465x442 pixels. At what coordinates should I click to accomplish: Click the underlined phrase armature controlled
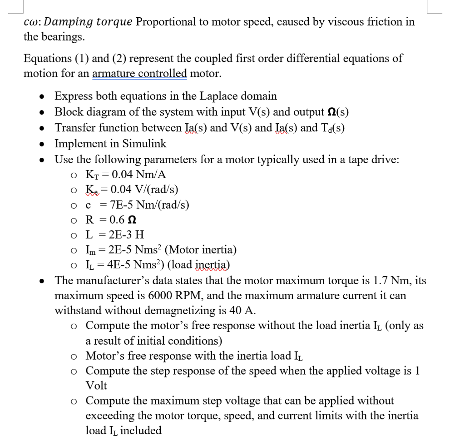point(139,73)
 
